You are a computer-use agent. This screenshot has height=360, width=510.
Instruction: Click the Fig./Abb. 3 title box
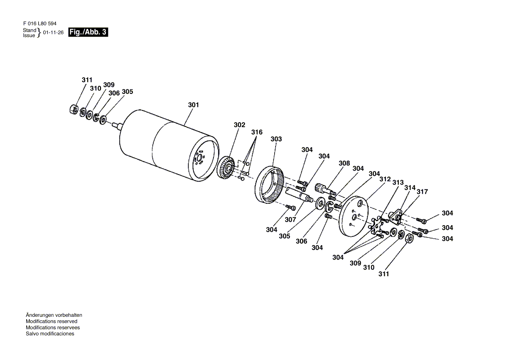point(88,32)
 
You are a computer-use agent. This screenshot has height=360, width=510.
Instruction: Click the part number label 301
point(193,105)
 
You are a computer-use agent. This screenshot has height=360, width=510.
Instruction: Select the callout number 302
point(239,125)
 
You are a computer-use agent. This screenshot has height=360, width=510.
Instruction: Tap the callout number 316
point(257,132)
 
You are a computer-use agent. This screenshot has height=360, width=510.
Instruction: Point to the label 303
point(276,139)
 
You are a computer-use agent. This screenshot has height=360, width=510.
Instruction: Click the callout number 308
point(344,163)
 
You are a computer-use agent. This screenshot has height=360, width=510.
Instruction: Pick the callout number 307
point(290,219)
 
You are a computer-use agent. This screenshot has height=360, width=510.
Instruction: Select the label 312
point(385,179)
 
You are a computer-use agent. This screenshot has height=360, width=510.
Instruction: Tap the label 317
point(422,192)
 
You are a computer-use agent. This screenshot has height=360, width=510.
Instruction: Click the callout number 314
point(410,188)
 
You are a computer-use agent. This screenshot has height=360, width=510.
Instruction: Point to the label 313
point(398,182)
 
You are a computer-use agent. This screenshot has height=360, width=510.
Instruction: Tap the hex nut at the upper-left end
point(74,109)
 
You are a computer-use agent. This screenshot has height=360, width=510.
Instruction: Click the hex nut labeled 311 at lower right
point(410,239)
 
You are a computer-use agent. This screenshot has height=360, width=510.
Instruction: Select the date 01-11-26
point(53,32)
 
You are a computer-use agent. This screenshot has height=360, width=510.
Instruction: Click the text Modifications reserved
point(52,321)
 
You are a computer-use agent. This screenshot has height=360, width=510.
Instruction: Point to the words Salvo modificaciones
point(50,334)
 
